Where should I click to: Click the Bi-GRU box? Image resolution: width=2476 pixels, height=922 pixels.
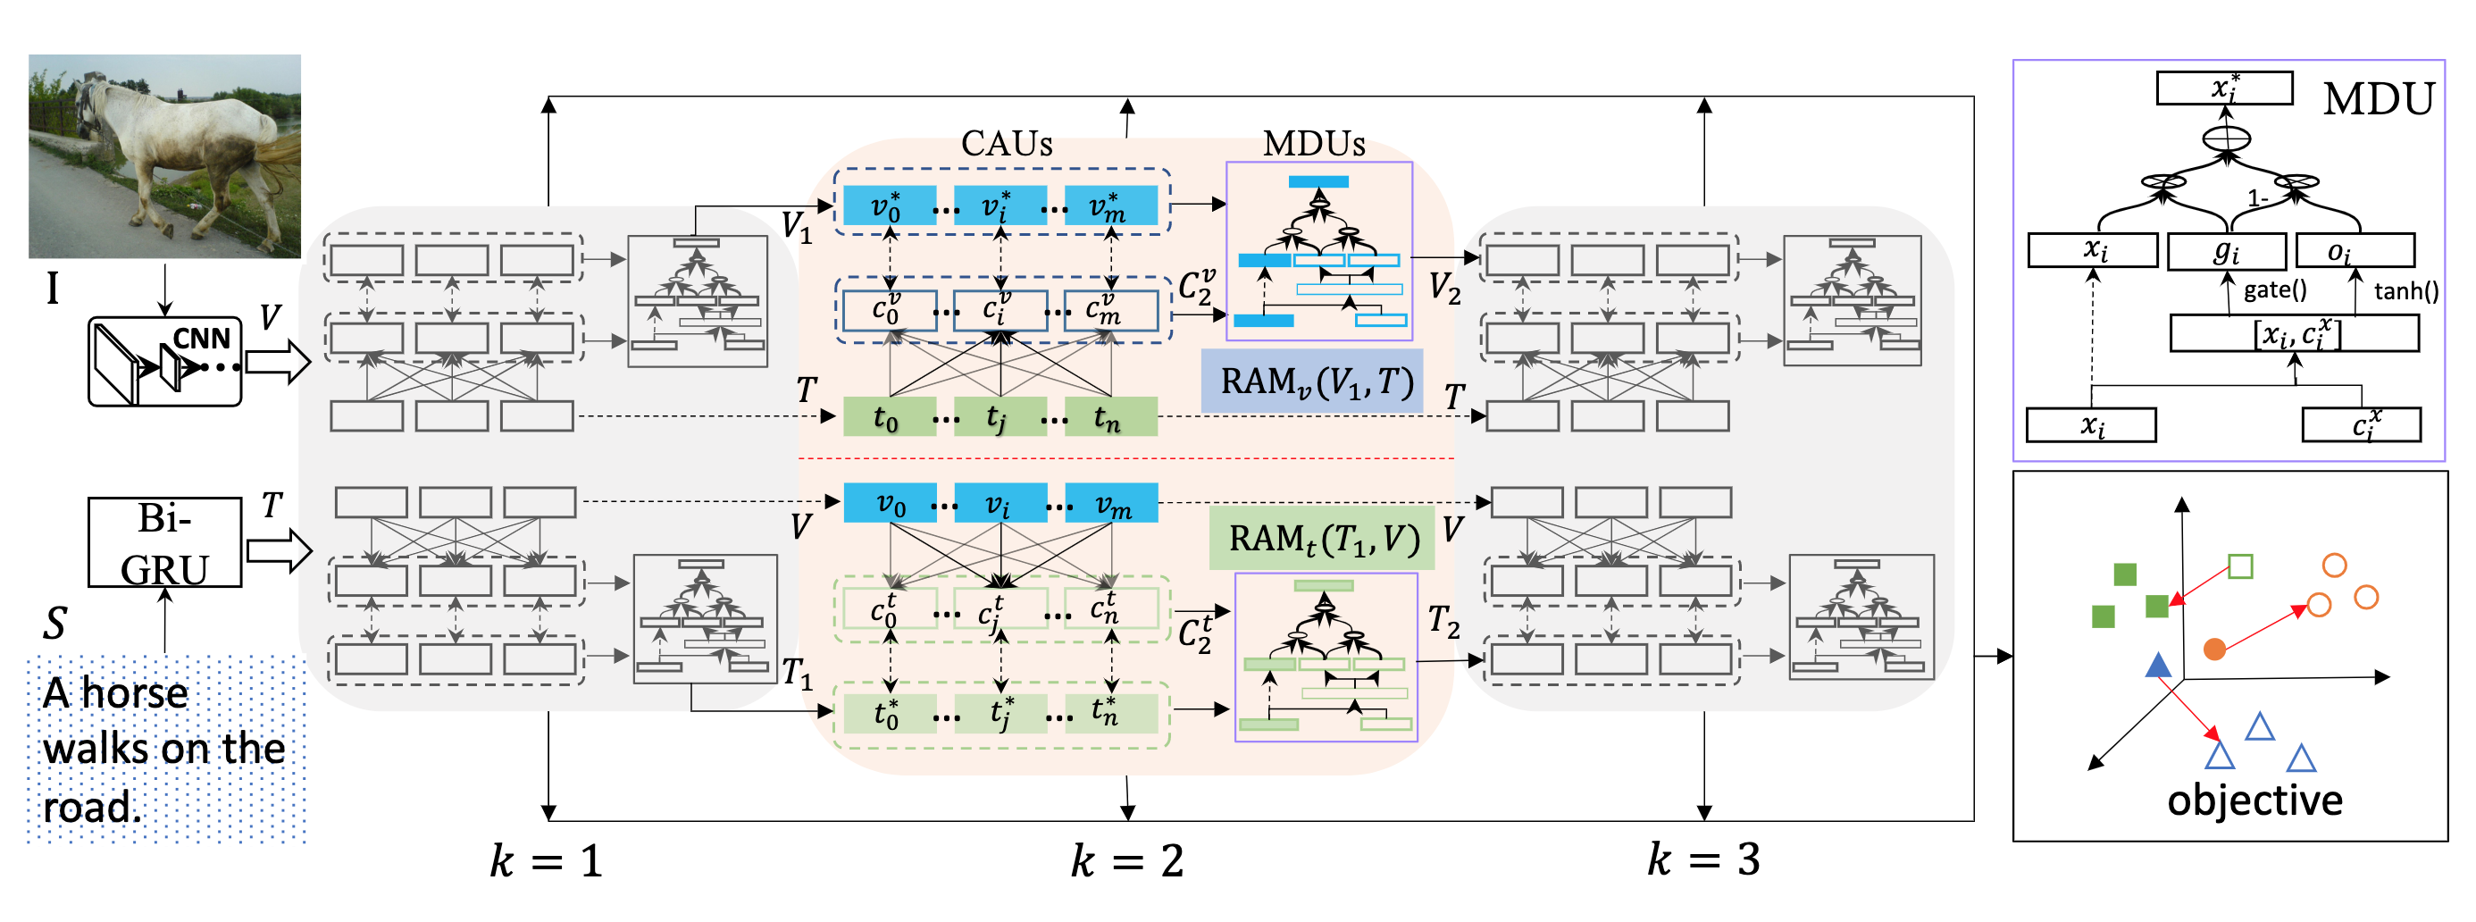[x=164, y=542]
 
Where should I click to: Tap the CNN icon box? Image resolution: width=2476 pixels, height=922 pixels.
[x=164, y=363]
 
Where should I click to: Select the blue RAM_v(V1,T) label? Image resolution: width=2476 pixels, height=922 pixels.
[x=1313, y=381]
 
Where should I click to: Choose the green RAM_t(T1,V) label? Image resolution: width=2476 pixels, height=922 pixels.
[x=1323, y=539]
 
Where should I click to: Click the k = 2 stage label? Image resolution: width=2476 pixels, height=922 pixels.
[x=1127, y=859]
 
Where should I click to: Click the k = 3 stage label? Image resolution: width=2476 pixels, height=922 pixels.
[x=1703, y=859]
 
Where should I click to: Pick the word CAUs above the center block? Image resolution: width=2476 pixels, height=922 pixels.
[x=1007, y=144]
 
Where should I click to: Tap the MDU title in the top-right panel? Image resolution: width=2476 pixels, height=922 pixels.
[x=2378, y=99]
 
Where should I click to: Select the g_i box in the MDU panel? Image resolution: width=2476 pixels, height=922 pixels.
[x=2226, y=252]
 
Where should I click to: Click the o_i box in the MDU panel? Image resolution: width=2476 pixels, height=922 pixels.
[x=2355, y=252]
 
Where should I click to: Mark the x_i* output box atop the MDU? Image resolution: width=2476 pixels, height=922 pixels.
[x=2224, y=88]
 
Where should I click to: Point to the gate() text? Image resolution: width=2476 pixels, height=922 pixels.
[x=2274, y=290]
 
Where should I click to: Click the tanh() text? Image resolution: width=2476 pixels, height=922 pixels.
[x=2405, y=291]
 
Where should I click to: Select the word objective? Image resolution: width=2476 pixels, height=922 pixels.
[x=2254, y=800]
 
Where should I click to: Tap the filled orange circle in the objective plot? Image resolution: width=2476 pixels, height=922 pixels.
[x=2214, y=649]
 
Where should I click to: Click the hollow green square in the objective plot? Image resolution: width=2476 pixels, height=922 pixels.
[x=2240, y=566]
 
